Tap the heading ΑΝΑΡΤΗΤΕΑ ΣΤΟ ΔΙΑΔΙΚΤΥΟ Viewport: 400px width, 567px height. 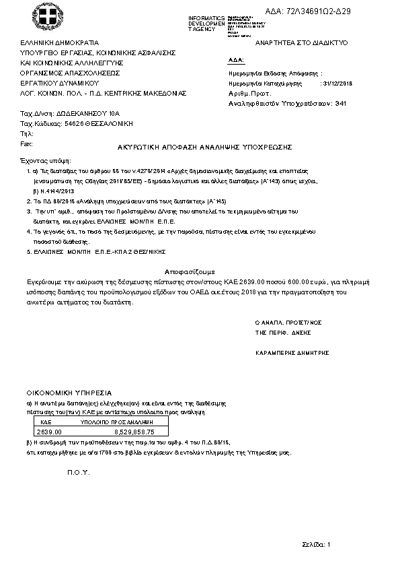point(296,42)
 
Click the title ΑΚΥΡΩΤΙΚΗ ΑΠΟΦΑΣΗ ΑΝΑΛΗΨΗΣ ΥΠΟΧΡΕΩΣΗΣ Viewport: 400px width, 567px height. point(200,146)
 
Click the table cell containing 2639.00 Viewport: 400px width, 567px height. point(49,431)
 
